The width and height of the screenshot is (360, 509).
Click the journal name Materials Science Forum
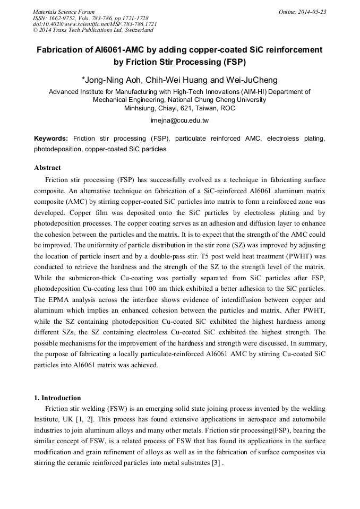pos(64,12)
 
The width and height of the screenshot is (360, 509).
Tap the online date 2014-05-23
pos(312,12)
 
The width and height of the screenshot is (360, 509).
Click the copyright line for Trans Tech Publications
pos(92,30)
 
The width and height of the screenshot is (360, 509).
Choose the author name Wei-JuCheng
pos(253,80)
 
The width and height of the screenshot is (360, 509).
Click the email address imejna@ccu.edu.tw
pos(179,120)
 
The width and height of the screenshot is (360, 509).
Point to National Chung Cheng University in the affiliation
pos(217,99)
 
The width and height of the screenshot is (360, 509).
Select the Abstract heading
pos(47,168)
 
